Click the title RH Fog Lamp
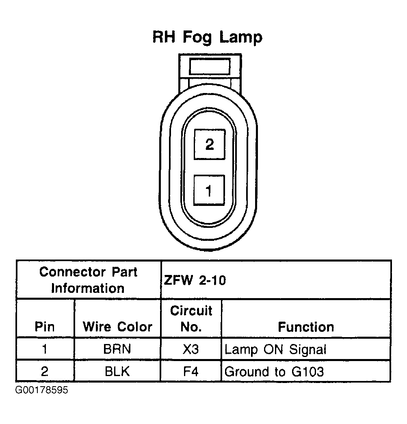coord(207,37)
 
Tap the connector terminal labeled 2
coord(209,144)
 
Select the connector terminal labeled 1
coord(209,190)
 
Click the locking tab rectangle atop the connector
coord(210,66)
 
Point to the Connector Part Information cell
coord(88,280)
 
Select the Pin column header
coord(45,327)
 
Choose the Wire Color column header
coord(117,327)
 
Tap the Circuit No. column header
coord(191,319)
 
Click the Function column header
coord(306,327)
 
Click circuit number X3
coord(191,349)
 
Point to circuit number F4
coord(191,371)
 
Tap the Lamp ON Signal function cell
coord(275,349)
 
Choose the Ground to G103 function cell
coord(274,371)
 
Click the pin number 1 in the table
coord(45,349)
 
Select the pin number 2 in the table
coord(45,371)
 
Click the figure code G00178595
coord(42,391)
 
